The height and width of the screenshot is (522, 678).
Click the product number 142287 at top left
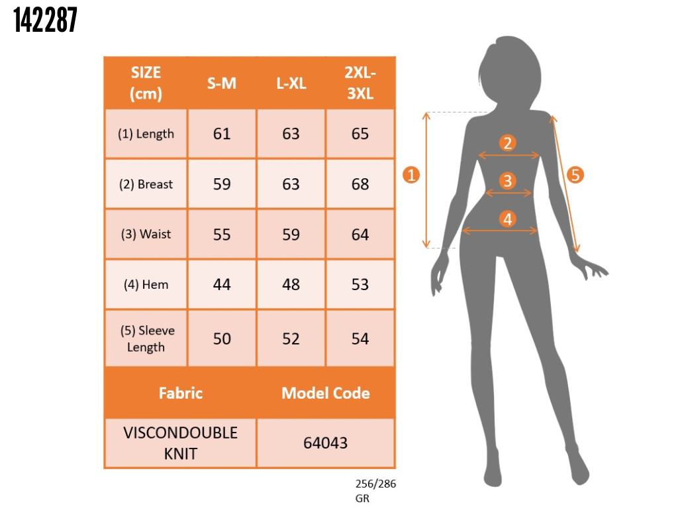click(45, 20)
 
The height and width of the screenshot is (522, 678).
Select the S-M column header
click(222, 83)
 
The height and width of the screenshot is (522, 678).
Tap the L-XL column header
click(291, 83)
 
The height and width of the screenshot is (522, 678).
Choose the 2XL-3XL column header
click(360, 83)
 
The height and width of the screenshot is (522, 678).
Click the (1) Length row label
click(146, 134)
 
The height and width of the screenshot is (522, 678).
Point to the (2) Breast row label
click(146, 184)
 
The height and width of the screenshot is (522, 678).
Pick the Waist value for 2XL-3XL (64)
click(360, 235)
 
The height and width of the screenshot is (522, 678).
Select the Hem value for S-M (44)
click(222, 285)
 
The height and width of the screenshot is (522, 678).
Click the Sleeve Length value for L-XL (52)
click(291, 339)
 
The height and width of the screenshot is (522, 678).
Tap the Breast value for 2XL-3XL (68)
click(360, 184)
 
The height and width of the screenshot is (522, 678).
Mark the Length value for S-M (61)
click(222, 134)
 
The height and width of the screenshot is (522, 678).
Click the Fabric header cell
click(181, 393)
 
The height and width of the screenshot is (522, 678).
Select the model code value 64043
click(326, 443)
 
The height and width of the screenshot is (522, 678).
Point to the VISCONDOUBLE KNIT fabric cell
click(181, 443)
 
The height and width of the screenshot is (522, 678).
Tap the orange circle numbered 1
click(411, 175)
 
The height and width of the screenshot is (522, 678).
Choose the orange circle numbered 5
click(575, 175)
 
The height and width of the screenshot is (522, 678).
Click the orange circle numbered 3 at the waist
click(508, 181)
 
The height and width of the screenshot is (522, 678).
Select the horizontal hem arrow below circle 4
click(500, 231)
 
